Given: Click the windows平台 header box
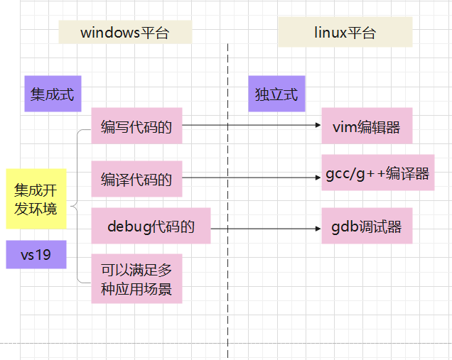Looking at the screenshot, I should click(124, 33).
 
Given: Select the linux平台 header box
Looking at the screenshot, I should click(345, 33).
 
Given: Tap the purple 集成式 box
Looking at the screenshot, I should click(53, 94).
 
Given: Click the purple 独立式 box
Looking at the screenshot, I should click(276, 94).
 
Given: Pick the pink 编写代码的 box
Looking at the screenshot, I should click(136, 126).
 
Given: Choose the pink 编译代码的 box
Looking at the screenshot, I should click(136, 179).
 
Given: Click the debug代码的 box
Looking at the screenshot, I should click(151, 227).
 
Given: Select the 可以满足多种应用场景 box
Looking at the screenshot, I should click(136, 279).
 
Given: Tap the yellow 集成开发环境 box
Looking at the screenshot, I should click(36, 199).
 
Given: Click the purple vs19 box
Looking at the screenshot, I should click(36, 254).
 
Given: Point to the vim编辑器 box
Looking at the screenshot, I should click(367, 127).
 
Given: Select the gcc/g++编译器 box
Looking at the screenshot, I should click(377, 173).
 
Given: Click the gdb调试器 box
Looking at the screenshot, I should click(367, 227).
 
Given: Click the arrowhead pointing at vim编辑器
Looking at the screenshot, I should click(317, 126).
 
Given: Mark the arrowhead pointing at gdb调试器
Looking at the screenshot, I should click(317, 229).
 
